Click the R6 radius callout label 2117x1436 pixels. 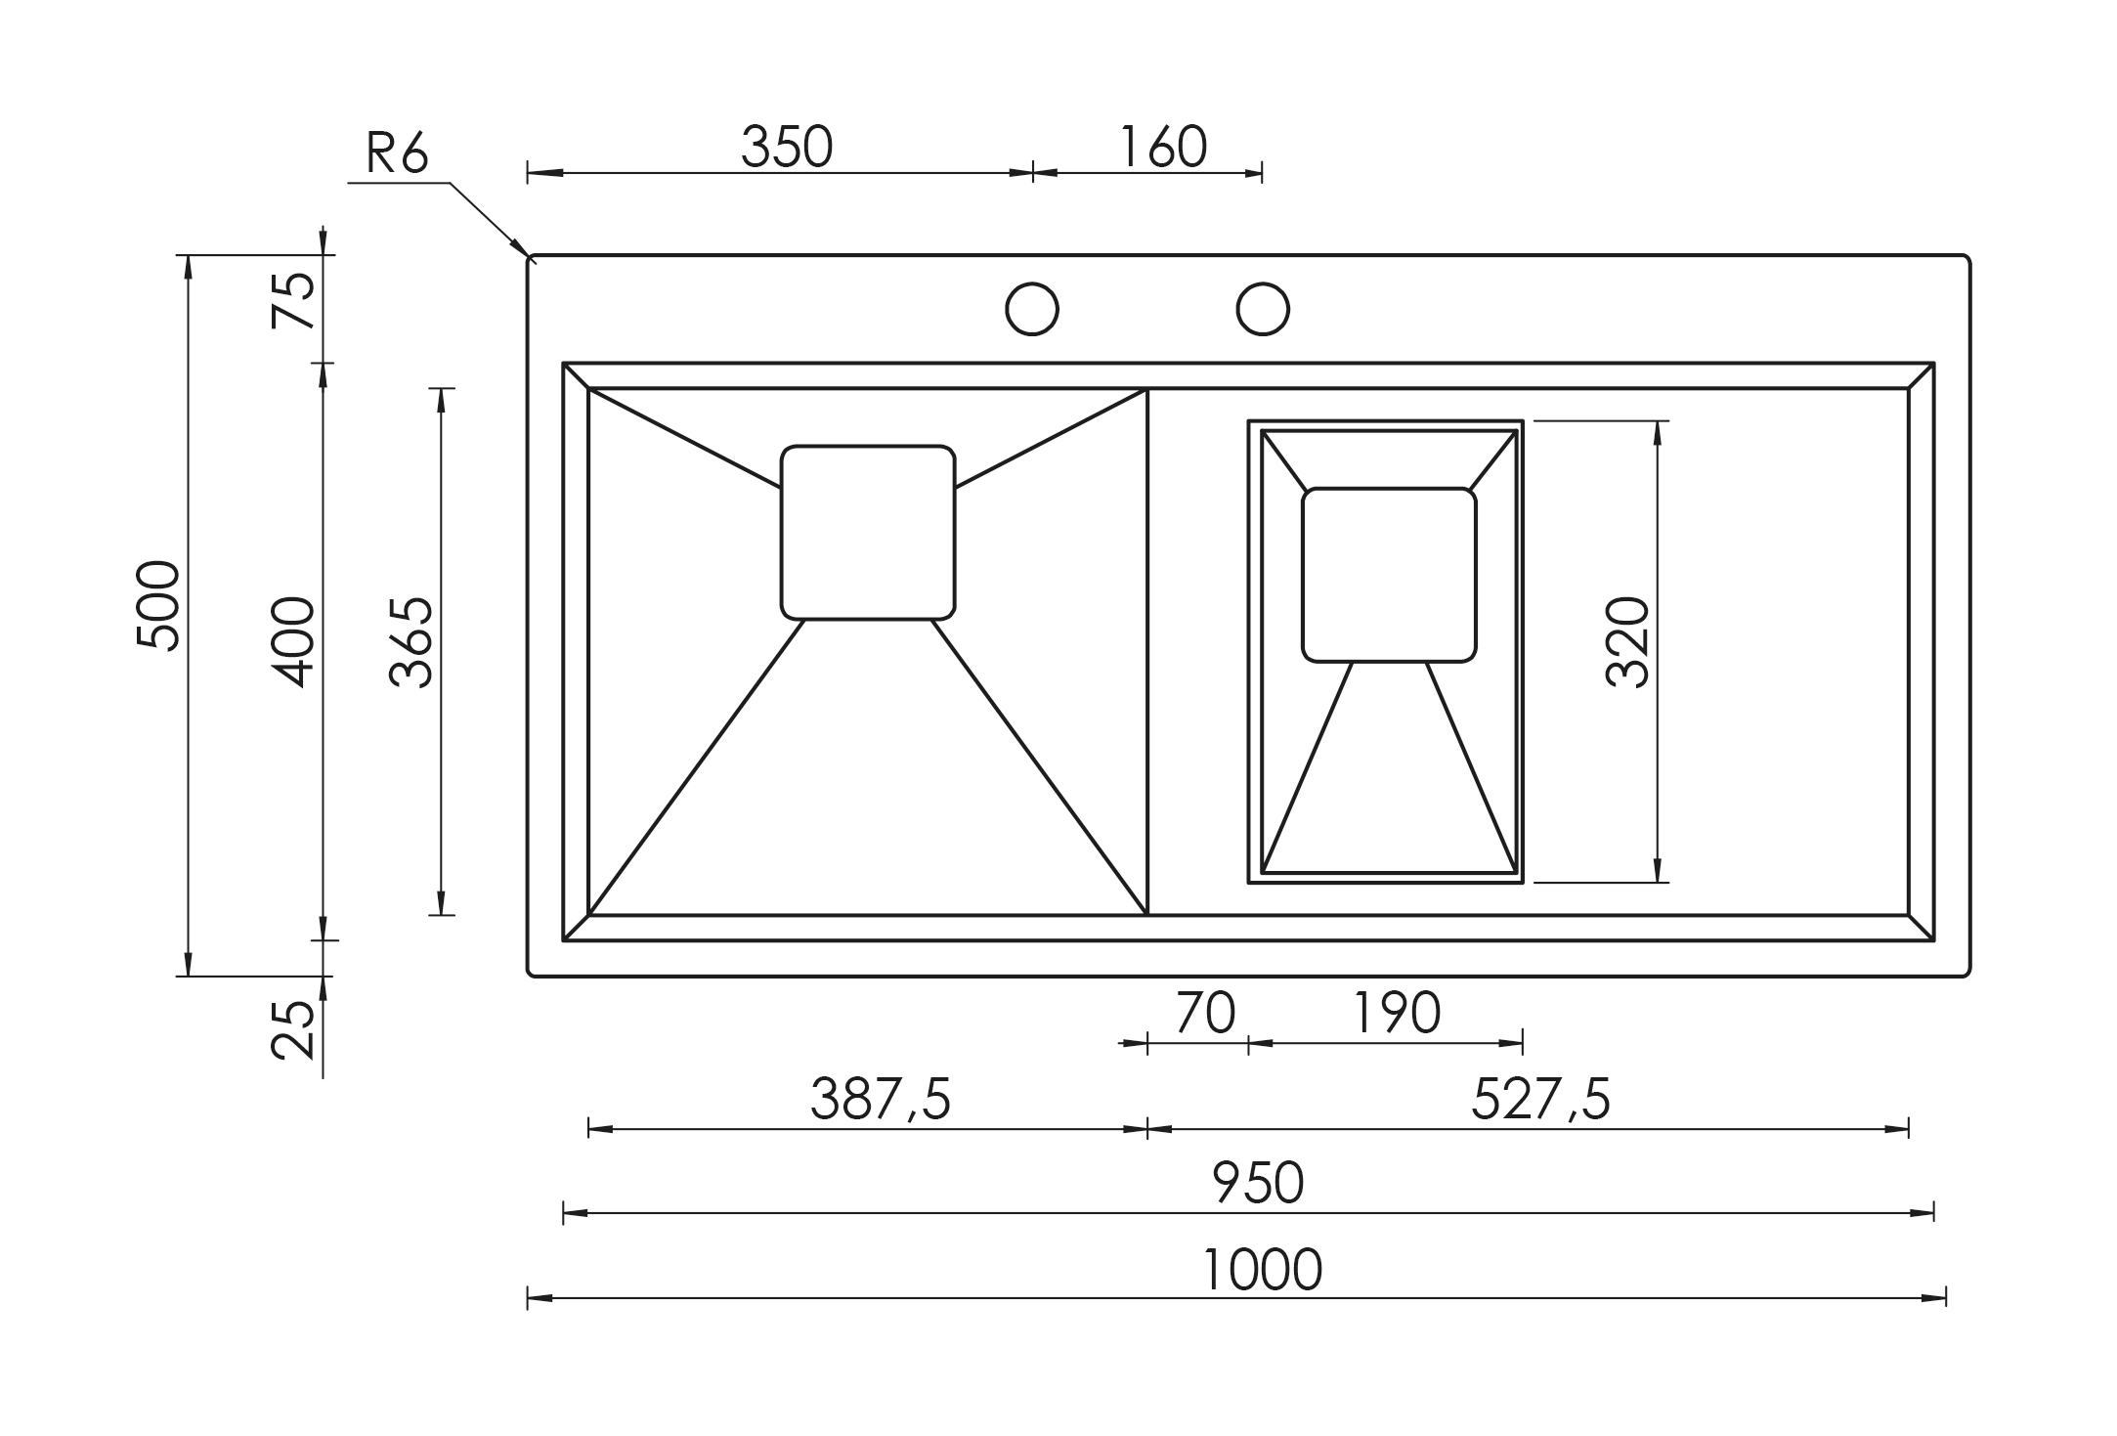tap(397, 152)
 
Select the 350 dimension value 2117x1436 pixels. tap(787, 147)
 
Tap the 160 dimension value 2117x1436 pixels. tap(1162, 147)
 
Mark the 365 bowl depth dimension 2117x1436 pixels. tap(410, 642)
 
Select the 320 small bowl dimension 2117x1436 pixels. tap(1628, 642)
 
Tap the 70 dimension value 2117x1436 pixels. tap(1206, 1013)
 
